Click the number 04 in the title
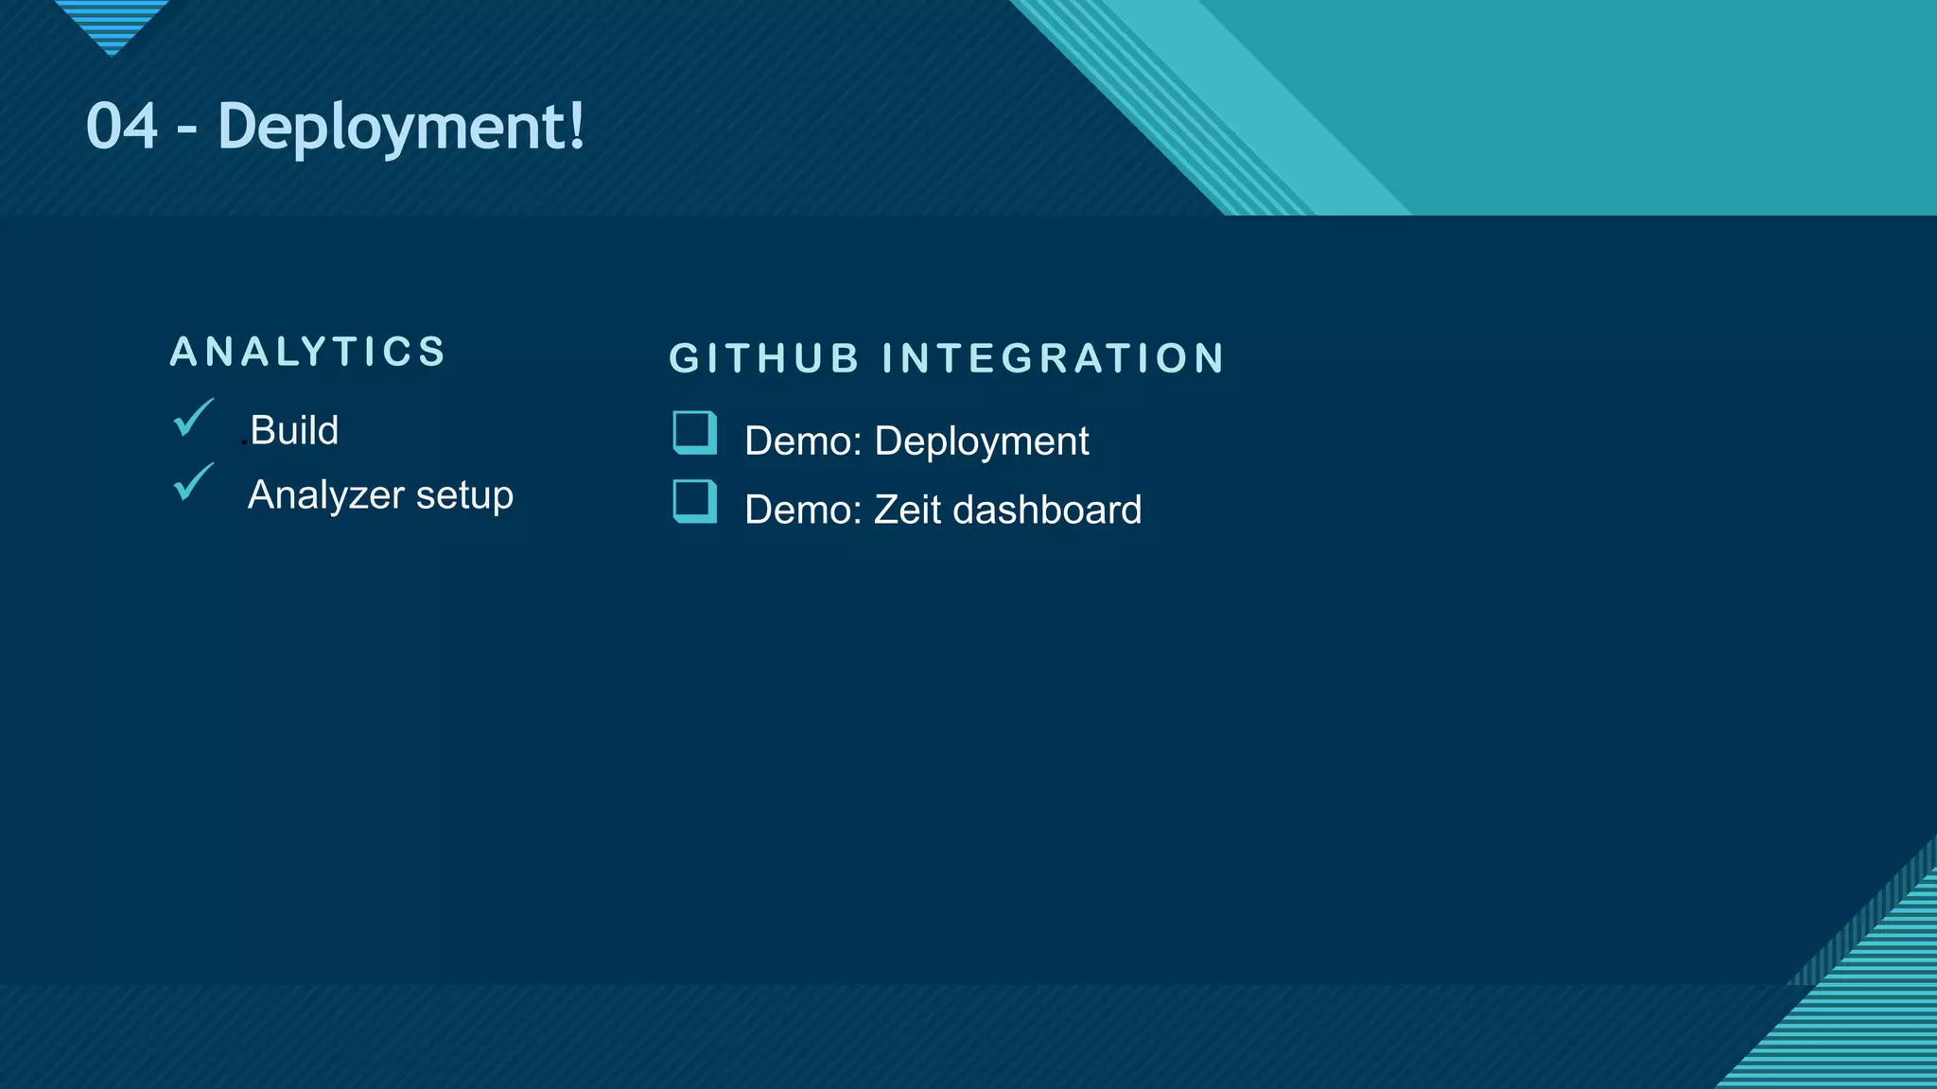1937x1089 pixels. [122, 127]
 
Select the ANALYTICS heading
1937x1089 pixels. [307, 352]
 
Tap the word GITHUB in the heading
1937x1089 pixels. [764, 359]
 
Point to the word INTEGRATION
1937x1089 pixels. [1053, 359]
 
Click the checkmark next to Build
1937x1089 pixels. [193, 418]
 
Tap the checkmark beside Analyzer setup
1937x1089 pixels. [193, 482]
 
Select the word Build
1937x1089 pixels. [294, 431]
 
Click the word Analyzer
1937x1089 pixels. [326, 495]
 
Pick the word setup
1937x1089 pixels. [464, 495]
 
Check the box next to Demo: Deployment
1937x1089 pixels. [694, 433]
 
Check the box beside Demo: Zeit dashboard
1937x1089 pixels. [694, 501]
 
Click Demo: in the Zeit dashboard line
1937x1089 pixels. [803, 510]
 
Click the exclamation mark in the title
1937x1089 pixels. [577, 127]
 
